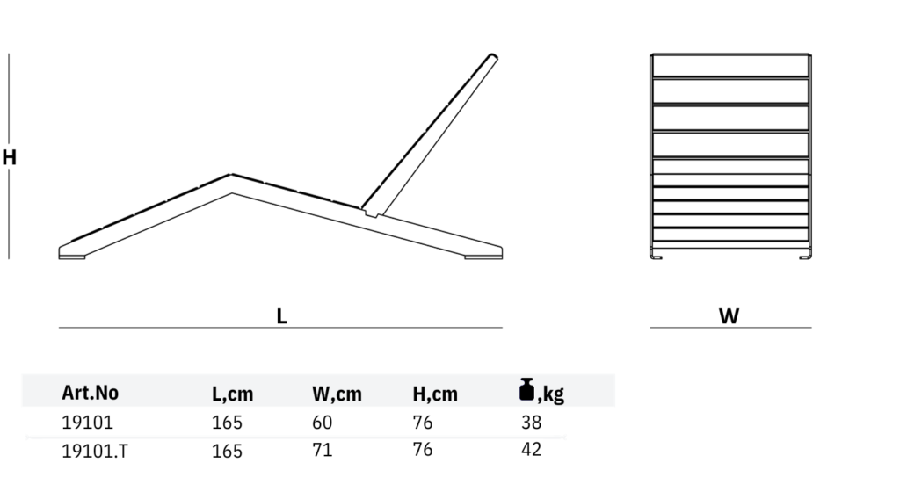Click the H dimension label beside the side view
point(9,157)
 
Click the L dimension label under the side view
point(281,316)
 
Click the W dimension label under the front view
point(729,316)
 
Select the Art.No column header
point(91,393)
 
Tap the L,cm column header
point(232,394)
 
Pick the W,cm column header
point(337,394)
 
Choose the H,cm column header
point(435,394)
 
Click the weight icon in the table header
point(526,389)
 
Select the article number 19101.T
point(95,452)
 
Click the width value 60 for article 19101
point(322,423)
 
